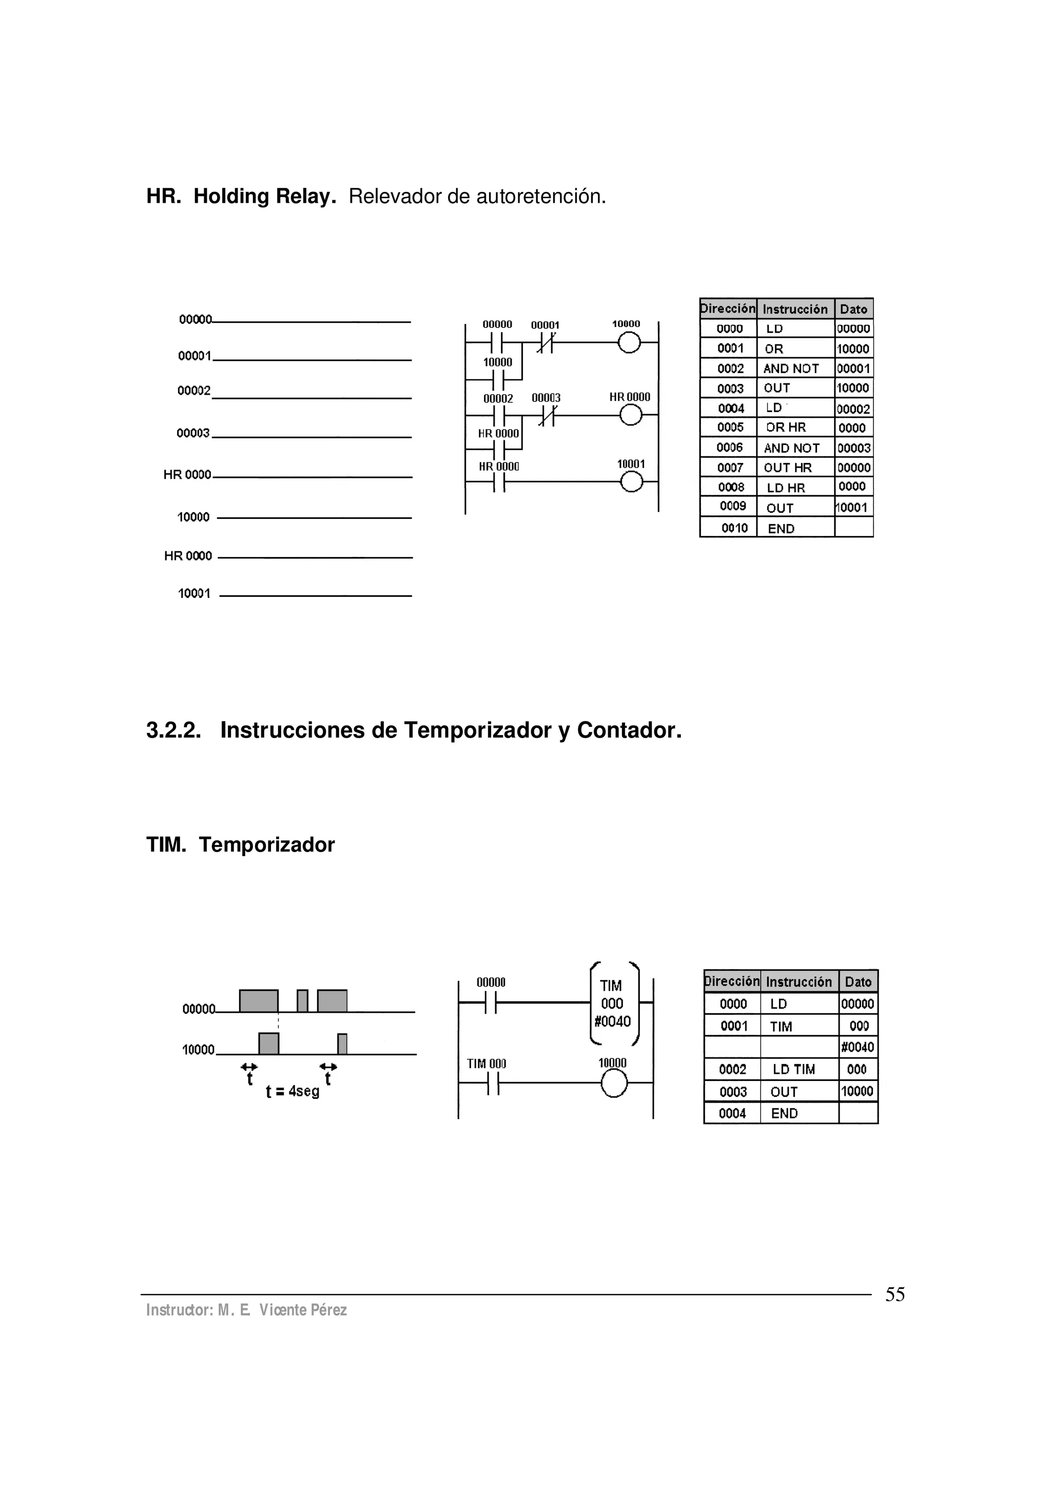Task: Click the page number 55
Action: pos(894,1295)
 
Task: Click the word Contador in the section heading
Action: pos(629,730)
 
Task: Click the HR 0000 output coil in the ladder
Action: pos(630,415)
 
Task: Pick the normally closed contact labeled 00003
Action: pos(547,415)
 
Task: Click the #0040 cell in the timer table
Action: pos(858,1047)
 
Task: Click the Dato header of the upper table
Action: pos(853,309)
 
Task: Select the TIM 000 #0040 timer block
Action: pos(613,1003)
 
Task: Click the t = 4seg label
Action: pos(293,1091)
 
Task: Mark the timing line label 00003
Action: pos(193,433)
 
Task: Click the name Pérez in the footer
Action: pos(328,1310)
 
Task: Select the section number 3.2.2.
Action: pos(173,730)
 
